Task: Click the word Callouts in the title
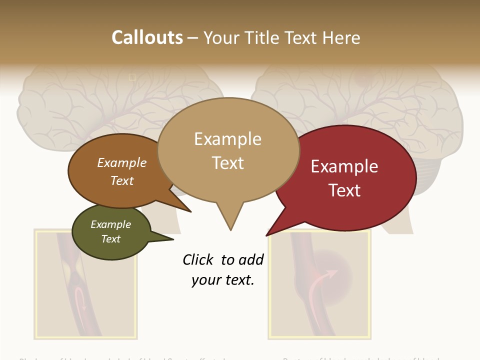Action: coord(147,37)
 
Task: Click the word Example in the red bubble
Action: coord(344,166)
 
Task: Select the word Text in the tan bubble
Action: coord(228,163)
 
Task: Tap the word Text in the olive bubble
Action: coord(111,239)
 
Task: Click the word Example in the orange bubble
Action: coord(121,163)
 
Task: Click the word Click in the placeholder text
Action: coord(198,259)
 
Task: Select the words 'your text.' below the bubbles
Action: coord(223,280)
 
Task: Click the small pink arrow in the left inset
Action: coord(80,300)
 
